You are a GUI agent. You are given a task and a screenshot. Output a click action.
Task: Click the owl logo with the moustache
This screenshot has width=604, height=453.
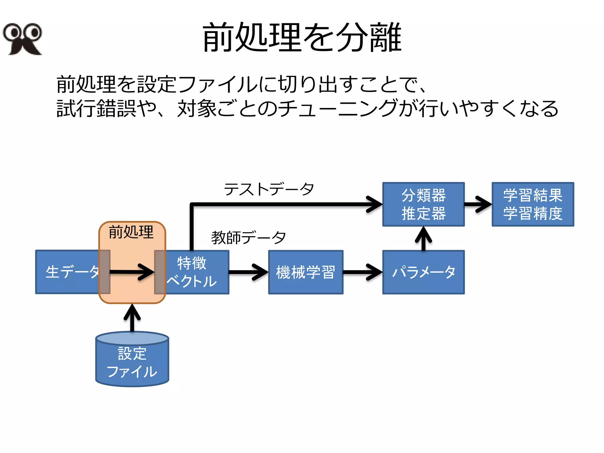point(22,39)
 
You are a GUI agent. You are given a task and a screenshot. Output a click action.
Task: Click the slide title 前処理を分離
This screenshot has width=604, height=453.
point(302,38)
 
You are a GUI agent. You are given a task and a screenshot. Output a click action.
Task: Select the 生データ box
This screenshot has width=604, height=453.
point(68,272)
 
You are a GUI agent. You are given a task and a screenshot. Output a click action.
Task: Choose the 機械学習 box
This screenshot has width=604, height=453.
point(306,272)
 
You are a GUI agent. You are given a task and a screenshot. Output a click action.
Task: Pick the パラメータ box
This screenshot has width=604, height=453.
point(423,272)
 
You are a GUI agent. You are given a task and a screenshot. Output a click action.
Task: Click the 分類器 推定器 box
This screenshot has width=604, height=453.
point(423,204)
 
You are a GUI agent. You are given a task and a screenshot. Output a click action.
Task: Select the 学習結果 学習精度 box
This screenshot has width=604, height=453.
point(533,204)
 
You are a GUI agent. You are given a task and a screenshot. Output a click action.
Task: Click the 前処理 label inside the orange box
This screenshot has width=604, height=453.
point(131,232)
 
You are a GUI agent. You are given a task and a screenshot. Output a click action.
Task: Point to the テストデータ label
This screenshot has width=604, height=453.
point(269,189)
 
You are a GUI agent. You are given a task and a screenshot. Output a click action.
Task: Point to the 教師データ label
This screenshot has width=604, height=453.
point(248,237)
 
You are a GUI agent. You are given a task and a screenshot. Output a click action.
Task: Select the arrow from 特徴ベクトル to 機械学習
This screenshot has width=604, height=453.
point(248,272)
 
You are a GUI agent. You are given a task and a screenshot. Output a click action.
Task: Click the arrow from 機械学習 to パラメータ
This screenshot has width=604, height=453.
point(362,272)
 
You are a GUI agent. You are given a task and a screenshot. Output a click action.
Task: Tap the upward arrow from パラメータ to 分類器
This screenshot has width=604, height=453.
point(423,238)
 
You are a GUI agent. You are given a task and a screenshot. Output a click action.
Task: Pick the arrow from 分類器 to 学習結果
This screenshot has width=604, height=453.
point(478,204)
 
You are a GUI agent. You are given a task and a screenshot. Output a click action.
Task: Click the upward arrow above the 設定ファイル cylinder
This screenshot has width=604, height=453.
point(132,318)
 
